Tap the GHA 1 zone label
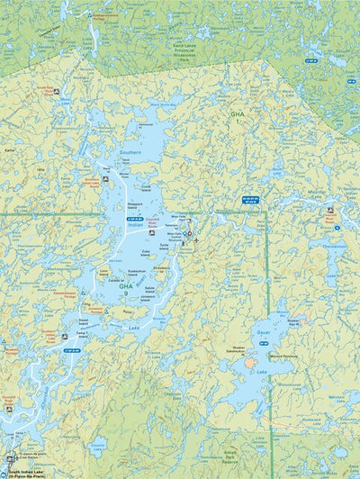(237, 117)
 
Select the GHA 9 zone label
(126, 288)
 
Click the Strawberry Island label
(161, 267)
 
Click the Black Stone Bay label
(163, 104)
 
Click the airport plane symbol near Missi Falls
(196, 240)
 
